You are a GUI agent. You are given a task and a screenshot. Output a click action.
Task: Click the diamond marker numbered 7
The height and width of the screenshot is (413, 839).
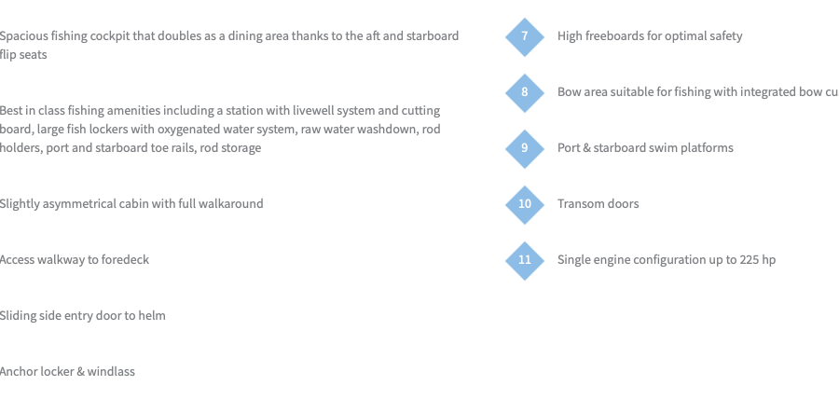(x=524, y=36)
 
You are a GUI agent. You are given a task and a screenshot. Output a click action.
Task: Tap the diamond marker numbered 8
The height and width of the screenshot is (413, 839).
(x=524, y=92)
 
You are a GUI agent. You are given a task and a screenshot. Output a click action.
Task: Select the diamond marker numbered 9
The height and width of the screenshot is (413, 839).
(x=524, y=148)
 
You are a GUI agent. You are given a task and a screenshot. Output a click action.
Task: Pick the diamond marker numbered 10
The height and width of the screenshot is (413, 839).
(x=524, y=204)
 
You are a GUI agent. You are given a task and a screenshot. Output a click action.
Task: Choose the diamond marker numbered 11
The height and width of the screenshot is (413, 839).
(x=524, y=260)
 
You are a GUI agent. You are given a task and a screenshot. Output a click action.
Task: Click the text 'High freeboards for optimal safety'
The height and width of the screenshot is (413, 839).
(x=650, y=36)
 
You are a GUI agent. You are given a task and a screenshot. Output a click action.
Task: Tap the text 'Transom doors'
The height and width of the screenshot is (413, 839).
(x=598, y=204)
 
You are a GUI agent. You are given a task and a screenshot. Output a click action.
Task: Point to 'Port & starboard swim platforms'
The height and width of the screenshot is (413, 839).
(x=645, y=148)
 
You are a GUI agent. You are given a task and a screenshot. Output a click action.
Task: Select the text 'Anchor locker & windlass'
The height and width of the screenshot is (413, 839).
(x=67, y=372)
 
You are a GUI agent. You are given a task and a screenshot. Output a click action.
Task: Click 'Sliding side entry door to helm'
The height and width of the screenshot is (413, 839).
(x=82, y=316)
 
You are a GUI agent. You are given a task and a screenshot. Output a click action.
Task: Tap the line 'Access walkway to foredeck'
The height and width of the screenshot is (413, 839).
(x=75, y=260)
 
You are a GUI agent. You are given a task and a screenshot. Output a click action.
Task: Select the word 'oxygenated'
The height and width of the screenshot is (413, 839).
(x=186, y=130)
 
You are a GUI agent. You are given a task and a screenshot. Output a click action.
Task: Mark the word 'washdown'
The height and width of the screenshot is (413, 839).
(x=390, y=130)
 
